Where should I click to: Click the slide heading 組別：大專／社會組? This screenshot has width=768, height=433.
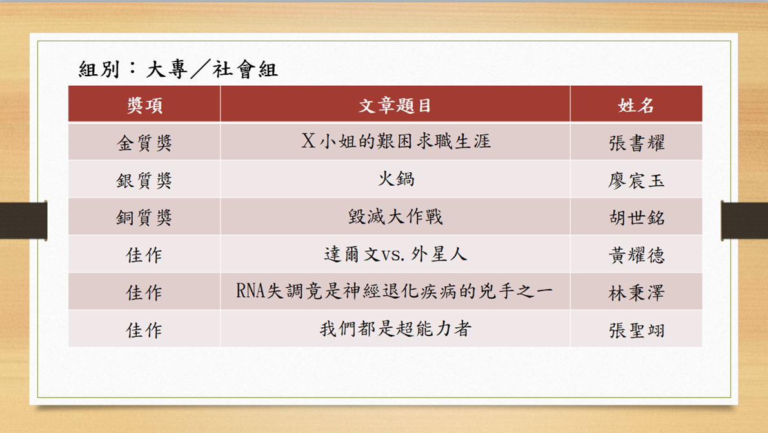[x=178, y=69]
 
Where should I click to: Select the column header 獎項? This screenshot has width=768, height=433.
[x=144, y=105]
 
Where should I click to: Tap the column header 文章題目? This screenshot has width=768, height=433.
[x=395, y=105]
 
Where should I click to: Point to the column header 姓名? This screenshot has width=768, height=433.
[x=636, y=105]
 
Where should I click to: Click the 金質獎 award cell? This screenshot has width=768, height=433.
[x=144, y=143]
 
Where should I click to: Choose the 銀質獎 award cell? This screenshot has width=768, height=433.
[x=144, y=181]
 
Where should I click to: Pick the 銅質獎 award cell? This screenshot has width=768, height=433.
[x=144, y=217]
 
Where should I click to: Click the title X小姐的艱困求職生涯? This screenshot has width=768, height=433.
[x=396, y=141]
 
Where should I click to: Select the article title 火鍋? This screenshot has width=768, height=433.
[x=396, y=179]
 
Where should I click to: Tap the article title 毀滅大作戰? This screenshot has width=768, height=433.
[x=396, y=216]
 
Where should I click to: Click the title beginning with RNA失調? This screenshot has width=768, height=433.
[x=394, y=291]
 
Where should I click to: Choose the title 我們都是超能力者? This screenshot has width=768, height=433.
[x=396, y=328]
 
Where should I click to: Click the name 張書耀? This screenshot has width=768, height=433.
[x=636, y=143]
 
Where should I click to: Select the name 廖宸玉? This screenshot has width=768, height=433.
[x=636, y=181]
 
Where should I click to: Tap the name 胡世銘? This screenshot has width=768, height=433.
[x=636, y=217]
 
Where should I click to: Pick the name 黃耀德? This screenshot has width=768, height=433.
[x=636, y=255]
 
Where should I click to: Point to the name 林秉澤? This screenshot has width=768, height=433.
[x=636, y=293]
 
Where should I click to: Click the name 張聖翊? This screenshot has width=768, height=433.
[x=636, y=330]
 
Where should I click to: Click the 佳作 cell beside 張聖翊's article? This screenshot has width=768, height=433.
[x=144, y=330]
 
